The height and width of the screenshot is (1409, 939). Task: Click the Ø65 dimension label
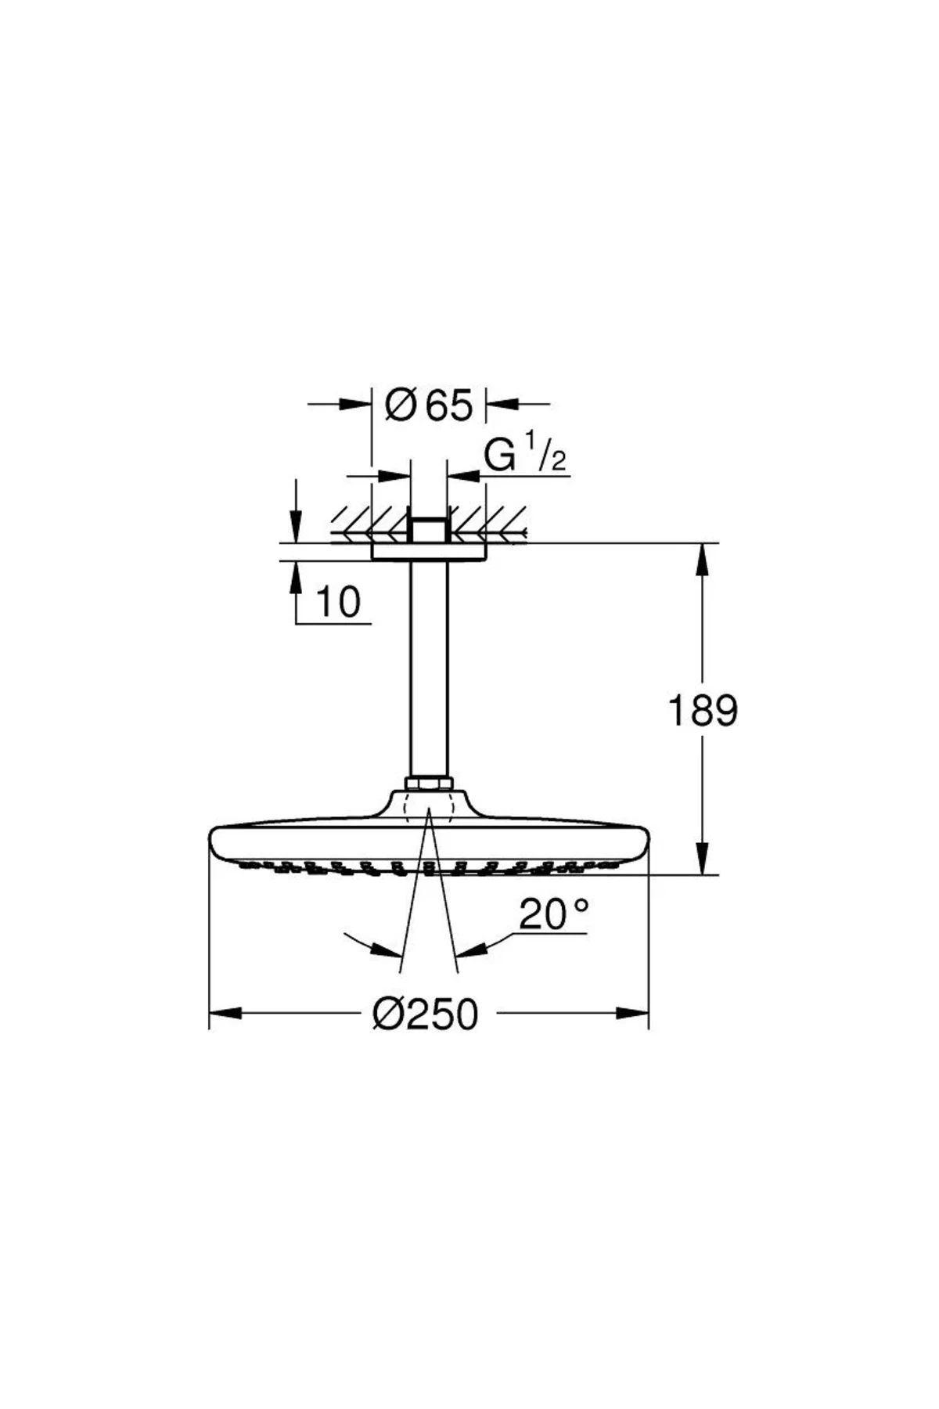(430, 405)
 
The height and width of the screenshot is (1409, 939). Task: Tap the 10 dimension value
(338, 602)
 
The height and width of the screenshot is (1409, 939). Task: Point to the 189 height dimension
(703, 711)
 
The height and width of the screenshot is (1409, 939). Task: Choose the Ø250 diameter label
(426, 1014)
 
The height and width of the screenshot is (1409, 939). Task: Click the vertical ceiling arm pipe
(429, 669)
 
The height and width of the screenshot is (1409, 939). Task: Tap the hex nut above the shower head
(429, 784)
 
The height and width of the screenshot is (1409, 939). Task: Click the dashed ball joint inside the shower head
(429, 806)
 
